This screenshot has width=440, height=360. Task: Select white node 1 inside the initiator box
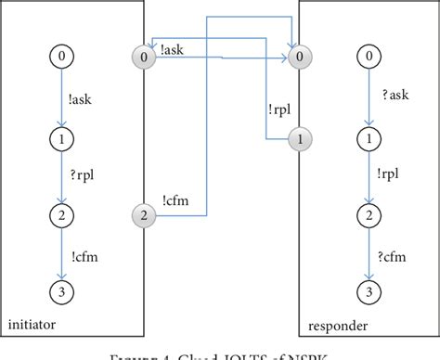coord(61,138)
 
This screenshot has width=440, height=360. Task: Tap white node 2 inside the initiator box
coord(61,217)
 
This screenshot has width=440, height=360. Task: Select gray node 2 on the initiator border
coord(143,217)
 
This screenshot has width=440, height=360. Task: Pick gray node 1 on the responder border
coord(299,138)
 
